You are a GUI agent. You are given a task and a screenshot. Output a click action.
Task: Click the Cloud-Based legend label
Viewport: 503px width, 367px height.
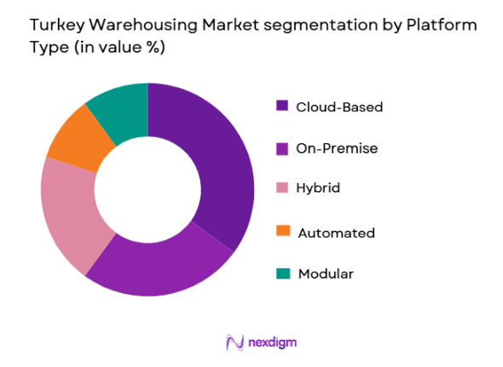point(339,106)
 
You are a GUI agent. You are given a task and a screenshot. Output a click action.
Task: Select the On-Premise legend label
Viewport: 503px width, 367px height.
point(337,148)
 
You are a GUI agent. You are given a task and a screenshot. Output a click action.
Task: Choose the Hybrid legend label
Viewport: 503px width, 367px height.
point(318,189)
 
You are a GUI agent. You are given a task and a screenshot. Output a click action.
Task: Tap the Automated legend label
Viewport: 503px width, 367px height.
point(335,232)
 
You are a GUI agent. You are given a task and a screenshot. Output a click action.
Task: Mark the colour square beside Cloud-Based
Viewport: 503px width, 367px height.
point(282,106)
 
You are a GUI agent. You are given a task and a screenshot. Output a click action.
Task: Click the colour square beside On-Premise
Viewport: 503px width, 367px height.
point(282,148)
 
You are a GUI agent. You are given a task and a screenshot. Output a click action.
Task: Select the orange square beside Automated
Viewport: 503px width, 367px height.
point(282,232)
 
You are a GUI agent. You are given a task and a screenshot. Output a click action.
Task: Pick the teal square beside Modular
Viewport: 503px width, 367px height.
point(282,273)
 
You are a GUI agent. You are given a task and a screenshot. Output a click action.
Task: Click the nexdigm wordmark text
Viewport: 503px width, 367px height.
point(273,341)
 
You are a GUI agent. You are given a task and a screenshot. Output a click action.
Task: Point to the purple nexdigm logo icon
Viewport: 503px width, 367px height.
point(235,341)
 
